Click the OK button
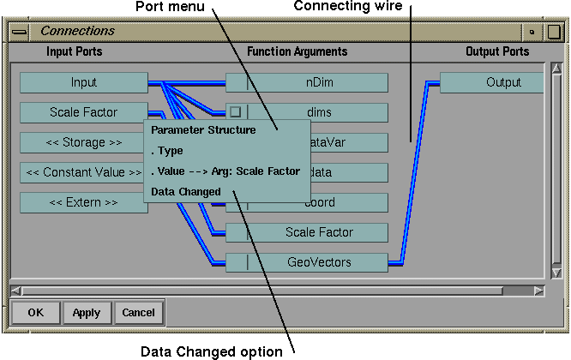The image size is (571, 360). (x=36, y=313)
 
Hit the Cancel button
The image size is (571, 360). (x=138, y=313)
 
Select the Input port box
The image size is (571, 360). (x=84, y=83)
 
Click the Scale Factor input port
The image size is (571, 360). (x=84, y=112)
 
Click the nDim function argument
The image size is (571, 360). (x=317, y=83)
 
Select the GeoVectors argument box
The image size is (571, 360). (x=317, y=262)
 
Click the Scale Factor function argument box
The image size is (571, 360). (x=317, y=232)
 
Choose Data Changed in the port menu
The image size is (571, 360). (x=186, y=191)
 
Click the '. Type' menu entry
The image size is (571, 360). (x=167, y=151)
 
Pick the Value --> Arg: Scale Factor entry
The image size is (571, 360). (x=225, y=171)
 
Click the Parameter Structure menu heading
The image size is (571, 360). (x=203, y=130)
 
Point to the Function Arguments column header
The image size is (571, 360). (x=298, y=51)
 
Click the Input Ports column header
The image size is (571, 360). (x=75, y=51)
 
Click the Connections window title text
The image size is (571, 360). (x=78, y=31)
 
